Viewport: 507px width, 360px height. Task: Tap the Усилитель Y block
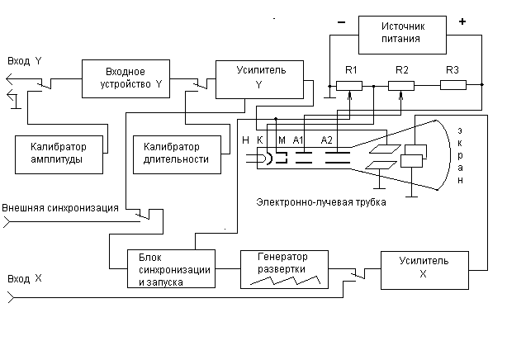(x=259, y=78)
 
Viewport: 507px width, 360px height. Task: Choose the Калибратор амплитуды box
(x=62, y=154)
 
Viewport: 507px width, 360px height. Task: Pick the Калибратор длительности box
(x=178, y=154)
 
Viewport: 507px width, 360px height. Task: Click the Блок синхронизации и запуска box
(x=173, y=268)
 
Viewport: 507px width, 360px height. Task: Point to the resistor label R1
(x=351, y=69)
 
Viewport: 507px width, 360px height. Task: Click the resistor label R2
(x=402, y=69)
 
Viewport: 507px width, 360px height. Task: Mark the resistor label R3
(x=452, y=69)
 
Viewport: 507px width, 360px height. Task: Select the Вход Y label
(x=24, y=61)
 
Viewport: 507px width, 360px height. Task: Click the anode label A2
(x=328, y=140)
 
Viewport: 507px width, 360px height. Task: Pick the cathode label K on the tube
(x=260, y=140)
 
